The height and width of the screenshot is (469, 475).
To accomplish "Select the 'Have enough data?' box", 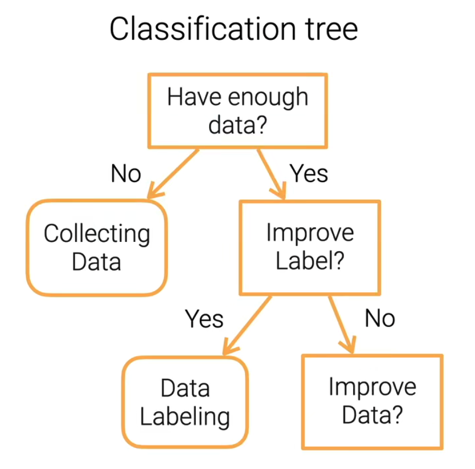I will tap(237, 110).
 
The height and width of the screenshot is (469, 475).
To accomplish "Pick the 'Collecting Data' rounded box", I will tap(97, 247).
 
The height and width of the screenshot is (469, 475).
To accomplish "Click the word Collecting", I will tap(97, 234).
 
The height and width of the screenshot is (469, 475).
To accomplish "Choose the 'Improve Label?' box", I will tap(310, 247).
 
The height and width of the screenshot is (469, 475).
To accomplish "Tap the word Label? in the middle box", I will tap(310, 261).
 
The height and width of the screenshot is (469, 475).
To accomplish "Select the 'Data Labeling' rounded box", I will tap(185, 402).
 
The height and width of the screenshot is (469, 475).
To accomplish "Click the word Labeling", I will tap(185, 417).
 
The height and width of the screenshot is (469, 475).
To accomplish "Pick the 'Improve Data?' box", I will tap(372, 401).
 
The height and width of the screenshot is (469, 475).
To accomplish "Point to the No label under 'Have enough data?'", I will tap(126, 173).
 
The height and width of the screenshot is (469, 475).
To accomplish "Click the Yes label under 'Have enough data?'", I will tap(309, 173).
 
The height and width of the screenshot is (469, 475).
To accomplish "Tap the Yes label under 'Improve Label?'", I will tap(204, 319).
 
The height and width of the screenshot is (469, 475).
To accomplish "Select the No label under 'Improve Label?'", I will tap(380, 318).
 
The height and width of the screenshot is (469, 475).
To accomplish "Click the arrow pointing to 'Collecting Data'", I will tap(174, 173).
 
